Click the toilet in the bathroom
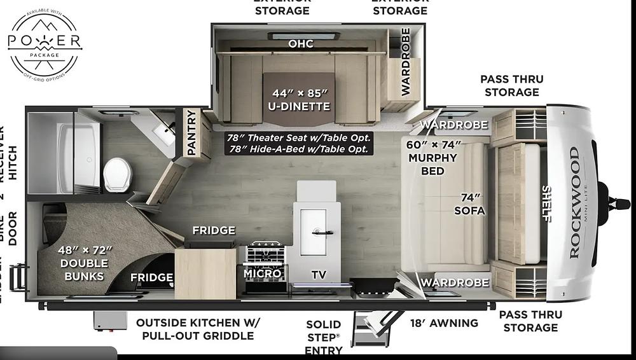(x=117, y=174)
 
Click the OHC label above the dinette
(x=301, y=44)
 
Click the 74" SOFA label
(x=470, y=204)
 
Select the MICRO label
(x=262, y=273)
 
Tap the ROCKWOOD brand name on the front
(x=574, y=202)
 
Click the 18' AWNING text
(x=444, y=323)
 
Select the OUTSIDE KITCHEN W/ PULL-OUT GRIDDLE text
(x=195, y=329)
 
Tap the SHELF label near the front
(x=546, y=203)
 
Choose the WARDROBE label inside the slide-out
(x=405, y=69)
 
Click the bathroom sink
(x=163, y=132)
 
